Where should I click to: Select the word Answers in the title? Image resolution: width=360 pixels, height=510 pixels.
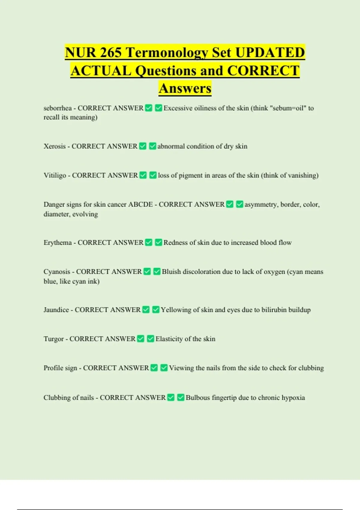click(x=185, y=88)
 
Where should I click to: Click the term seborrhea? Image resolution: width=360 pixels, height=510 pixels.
click(x=58, y=108)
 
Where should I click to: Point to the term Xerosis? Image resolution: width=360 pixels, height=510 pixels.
click(x=55, y=146)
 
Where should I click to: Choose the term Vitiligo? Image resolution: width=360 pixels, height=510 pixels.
click(x=55, y=175)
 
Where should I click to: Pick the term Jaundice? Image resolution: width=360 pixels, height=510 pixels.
click(x=56, y=310)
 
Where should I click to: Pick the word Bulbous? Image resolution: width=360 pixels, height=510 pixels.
click(x=198, y=398)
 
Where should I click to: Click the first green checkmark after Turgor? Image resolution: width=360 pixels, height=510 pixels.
click(x=141, y=339)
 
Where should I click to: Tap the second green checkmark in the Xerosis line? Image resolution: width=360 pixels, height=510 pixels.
click(x=152, y=146)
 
